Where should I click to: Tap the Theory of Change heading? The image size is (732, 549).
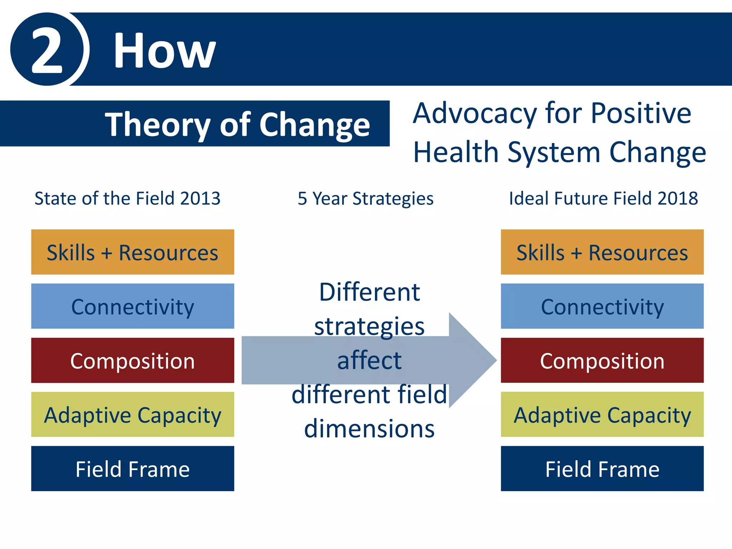[237, 124]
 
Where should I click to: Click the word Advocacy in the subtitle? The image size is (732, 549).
[475, 114]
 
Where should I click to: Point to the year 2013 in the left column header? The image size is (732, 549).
[200, 198]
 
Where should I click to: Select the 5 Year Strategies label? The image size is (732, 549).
[365, 198]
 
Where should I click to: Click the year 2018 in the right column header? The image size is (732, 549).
[677, 198]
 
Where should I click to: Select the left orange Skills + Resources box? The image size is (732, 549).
[133, 252]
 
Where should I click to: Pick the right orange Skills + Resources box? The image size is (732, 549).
[602, 252]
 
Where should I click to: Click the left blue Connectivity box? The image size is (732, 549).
[133, 306]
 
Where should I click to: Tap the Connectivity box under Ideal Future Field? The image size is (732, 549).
[602, 306]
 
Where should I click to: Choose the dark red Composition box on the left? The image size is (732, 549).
[133, 360]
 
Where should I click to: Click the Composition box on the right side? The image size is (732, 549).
[602, 360]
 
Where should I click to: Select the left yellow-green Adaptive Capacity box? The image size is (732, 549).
[133, 415]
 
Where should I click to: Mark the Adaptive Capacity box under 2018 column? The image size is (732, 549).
[602, 415]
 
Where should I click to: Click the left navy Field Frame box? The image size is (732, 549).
[133, 469]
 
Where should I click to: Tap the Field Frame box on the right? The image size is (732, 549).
[602, 469]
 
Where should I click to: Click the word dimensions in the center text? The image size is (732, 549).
[369, 429]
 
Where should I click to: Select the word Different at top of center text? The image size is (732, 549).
[369, 292]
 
